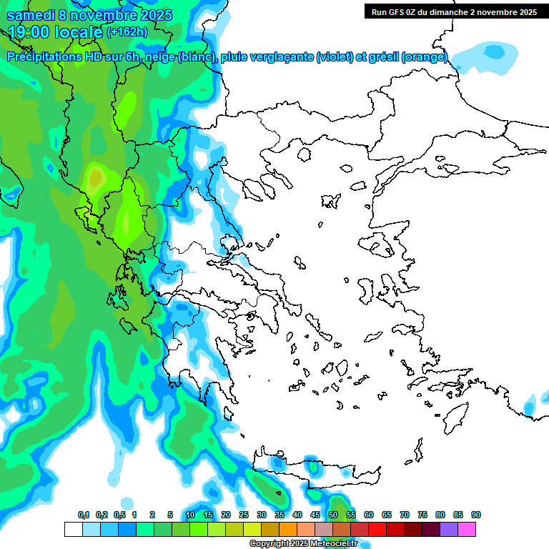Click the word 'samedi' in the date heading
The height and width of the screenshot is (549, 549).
click(x=31, y=15)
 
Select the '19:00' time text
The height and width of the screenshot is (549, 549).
click(x=33, y=32)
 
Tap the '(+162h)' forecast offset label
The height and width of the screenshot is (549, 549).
click(x=127, y=32)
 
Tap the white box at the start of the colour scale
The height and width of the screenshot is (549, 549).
click(x=73, y=529)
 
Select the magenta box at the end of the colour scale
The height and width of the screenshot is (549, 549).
click(x=467, y=529)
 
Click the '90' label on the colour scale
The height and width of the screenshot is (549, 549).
click(x=476, y=515)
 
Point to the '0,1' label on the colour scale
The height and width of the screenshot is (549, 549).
click(x=84, y=515)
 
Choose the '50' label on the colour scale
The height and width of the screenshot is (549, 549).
click(x=333, y=515)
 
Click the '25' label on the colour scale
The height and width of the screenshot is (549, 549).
click(x=244, y=515)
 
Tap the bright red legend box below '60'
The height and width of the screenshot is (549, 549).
click(x=377, y=529)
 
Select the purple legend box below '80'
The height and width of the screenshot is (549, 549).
click(x=449, y=529)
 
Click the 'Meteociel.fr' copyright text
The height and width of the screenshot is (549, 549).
click(x=333, y=544)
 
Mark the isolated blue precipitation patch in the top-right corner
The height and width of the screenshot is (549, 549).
click(x=493, y=51)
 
